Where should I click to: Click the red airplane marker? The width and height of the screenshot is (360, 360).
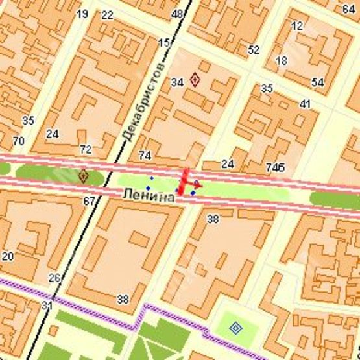(x=188, y=184)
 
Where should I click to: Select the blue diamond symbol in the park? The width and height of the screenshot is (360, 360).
(x=235, y=329)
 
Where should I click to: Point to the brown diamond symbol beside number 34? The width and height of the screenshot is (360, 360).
(x=195, y=81)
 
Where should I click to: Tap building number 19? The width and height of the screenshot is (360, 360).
(x=82, y=14)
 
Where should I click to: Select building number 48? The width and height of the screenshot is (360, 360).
(x=177, y=14)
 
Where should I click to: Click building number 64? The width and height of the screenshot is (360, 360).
(x=348, y=8)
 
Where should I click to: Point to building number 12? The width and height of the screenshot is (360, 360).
(x=298, y=26)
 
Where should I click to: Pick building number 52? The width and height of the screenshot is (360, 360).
(x=254, y=49)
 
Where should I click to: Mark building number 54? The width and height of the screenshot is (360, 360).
(x=317, y=82)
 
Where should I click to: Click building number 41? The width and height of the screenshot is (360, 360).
(x=306, y=104)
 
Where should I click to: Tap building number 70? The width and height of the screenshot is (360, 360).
(x=18, y=141)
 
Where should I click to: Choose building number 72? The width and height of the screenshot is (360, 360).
(x=85, y=149)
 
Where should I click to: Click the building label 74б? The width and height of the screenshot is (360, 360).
(x=275, y=167)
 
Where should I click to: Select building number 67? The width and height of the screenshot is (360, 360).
(x=89, y=200)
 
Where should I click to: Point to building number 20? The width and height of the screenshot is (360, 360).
(x=8, y=256)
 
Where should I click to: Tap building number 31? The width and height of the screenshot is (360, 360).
(x=47, y=305)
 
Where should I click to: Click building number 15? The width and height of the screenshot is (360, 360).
(x=164, y=43)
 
